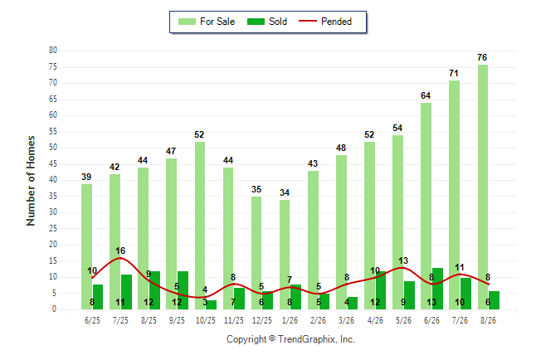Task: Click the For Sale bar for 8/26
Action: [483, 187]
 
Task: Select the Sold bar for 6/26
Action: [437, 289]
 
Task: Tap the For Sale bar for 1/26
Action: [285, 255]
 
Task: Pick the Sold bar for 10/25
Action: [211, 304]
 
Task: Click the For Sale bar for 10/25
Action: [200, 226]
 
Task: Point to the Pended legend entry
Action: [325, 22]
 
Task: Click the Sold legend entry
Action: [267, 22]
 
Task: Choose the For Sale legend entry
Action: [207, 22]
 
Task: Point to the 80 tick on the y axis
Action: [52, 51]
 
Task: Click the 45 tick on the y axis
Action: [52, 163]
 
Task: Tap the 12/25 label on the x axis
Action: [262, 320]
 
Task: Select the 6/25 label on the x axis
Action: [92, 320]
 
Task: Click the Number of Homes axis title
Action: [31, 181]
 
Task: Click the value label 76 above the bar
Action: [482, 57]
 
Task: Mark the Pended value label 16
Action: [120, 251]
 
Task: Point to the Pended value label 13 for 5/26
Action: [403, 260]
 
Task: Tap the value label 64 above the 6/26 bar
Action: [426, 95]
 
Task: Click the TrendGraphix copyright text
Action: [290, 339]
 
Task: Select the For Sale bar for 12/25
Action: [256, 253]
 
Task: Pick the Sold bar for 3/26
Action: [353, 304]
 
